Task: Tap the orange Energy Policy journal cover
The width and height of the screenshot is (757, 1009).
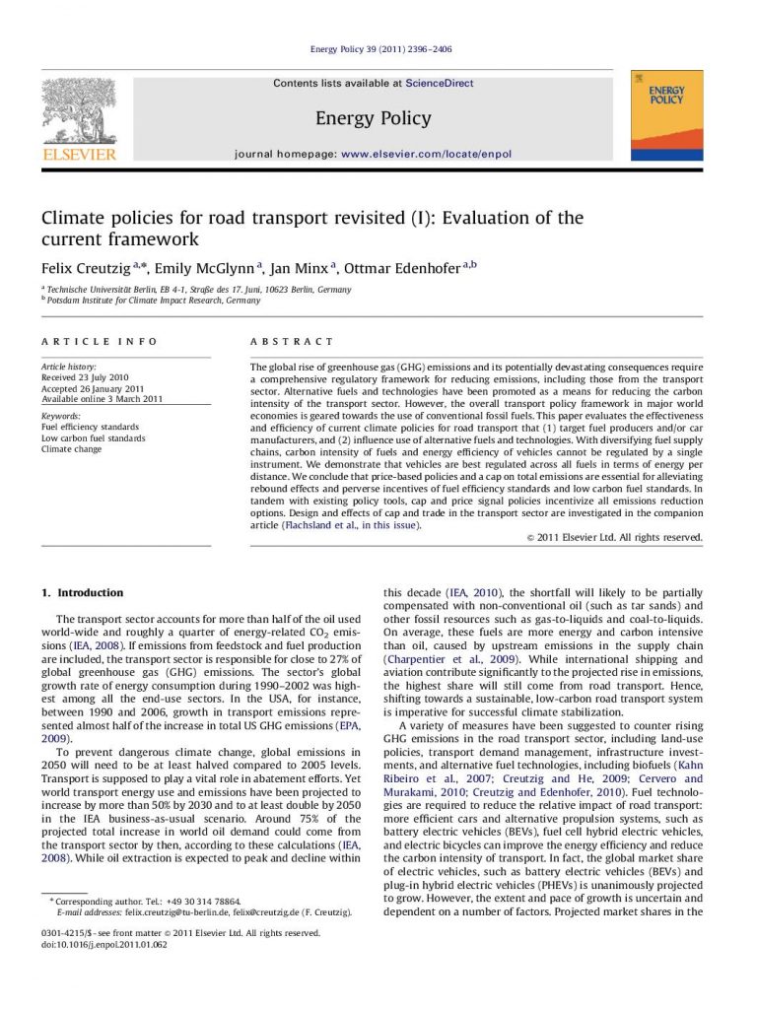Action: pyautogui.click(x=666, y=115)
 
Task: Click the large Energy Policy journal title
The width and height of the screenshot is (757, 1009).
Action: pyautogui.click(x=373, y=119)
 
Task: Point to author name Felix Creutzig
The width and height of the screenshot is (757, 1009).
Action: pyautogui.click(x=86, y=267)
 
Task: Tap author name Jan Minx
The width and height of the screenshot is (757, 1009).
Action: pyautogui.click(x=303, y=267)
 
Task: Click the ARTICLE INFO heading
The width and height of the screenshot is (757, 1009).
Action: pyautogui.click(x=99, y=341)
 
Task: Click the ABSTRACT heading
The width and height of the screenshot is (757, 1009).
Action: pyautogui.click(x=292, y=341)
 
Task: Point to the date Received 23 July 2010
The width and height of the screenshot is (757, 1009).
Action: pyautogui.click(x=85, y=377)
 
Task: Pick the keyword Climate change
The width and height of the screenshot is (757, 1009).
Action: pyautogui.click(x=71, y=448)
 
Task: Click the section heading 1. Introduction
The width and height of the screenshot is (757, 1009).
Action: pyautogui.click(x=82, y=593)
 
